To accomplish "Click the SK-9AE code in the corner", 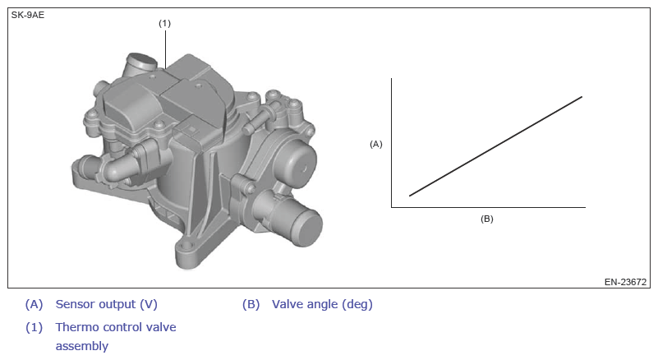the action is click(28, 15).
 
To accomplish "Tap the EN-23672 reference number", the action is click(625, 282).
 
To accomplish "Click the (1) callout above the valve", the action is click(164, 24).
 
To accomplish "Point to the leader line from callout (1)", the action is click(165, 49).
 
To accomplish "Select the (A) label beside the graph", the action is click(376, 144).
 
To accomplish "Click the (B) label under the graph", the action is click(487, 219).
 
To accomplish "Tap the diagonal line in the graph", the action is click(495, 146).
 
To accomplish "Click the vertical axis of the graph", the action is click(392, 142).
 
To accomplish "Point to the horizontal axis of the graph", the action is click(489, 207).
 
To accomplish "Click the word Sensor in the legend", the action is click(75, 304).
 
